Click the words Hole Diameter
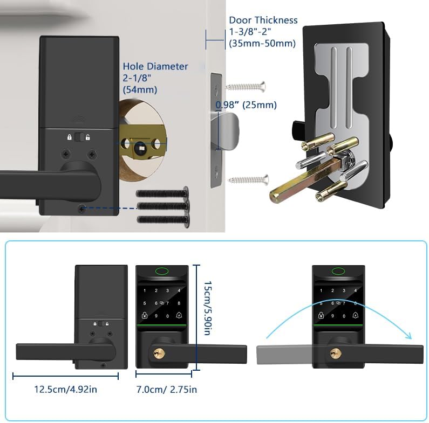tap(155, 66)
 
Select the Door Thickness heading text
tap(263, 20)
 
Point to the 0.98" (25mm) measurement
tap(246, 105)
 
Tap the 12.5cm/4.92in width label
tap(62, 389)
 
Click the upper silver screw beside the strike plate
tap(246, 85)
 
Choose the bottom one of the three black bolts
tap(163, 219)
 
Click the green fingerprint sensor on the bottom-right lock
tap(339, 273)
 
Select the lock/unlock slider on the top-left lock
tap(79, 137)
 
